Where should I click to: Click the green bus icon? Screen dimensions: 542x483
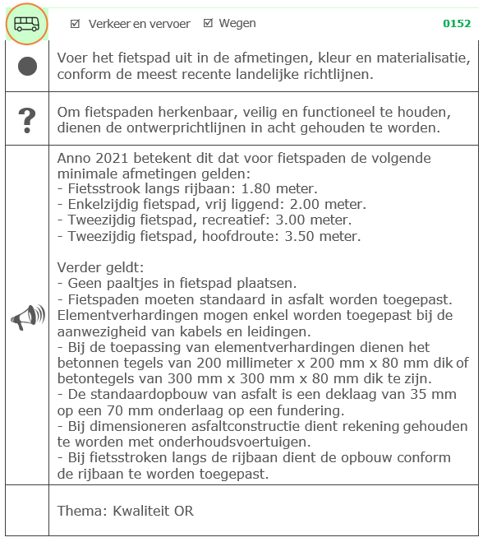(26, 24)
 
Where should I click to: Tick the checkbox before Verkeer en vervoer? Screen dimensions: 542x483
(76, 24)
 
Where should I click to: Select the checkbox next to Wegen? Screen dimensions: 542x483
(207, 24)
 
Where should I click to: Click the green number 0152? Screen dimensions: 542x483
(457, 24)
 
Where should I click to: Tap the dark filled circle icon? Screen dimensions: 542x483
(27, 67)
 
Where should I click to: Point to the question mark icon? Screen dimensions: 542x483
(27, 120)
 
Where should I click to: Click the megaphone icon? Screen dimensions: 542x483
(27, 317)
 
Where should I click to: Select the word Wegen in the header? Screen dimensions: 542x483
(237, 24)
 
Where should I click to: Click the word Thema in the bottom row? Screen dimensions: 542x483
(79, 511)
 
